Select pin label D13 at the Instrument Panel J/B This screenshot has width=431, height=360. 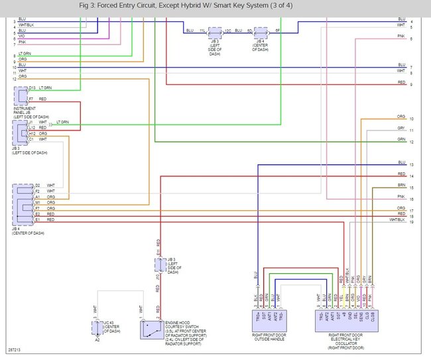(x=32, y=88)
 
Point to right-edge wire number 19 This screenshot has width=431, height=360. (x=412, y=222)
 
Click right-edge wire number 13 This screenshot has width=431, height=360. (x=412, y=164)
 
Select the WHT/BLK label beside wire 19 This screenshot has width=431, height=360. (x=397, y=219)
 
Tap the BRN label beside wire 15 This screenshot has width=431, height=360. (x=401, y=185)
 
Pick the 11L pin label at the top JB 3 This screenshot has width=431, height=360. (x=202, y=30)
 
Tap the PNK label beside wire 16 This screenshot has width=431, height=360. (x=401, y=196)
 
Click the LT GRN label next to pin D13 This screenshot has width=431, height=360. (x=45, y=88)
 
